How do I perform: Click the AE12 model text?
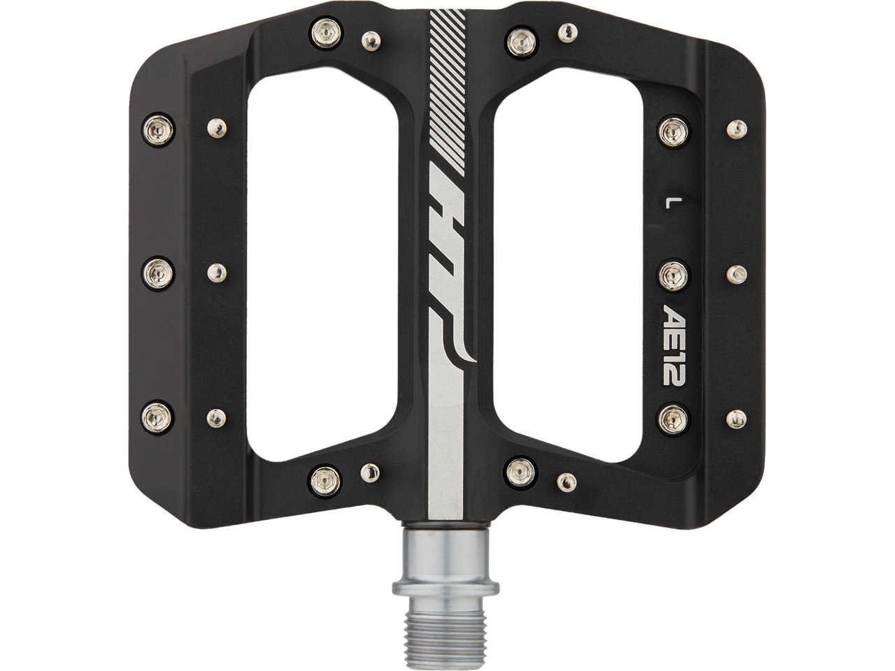[x=673, y=345]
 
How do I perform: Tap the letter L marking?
[x=667, y=203]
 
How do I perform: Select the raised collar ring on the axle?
[x=445, y=589]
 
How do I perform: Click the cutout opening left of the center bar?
[x=322, y=265]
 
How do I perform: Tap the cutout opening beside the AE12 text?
[x=568, y=265]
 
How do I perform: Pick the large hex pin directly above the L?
[x=673, y=131]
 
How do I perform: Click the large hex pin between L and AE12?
[x=673, y=276]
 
